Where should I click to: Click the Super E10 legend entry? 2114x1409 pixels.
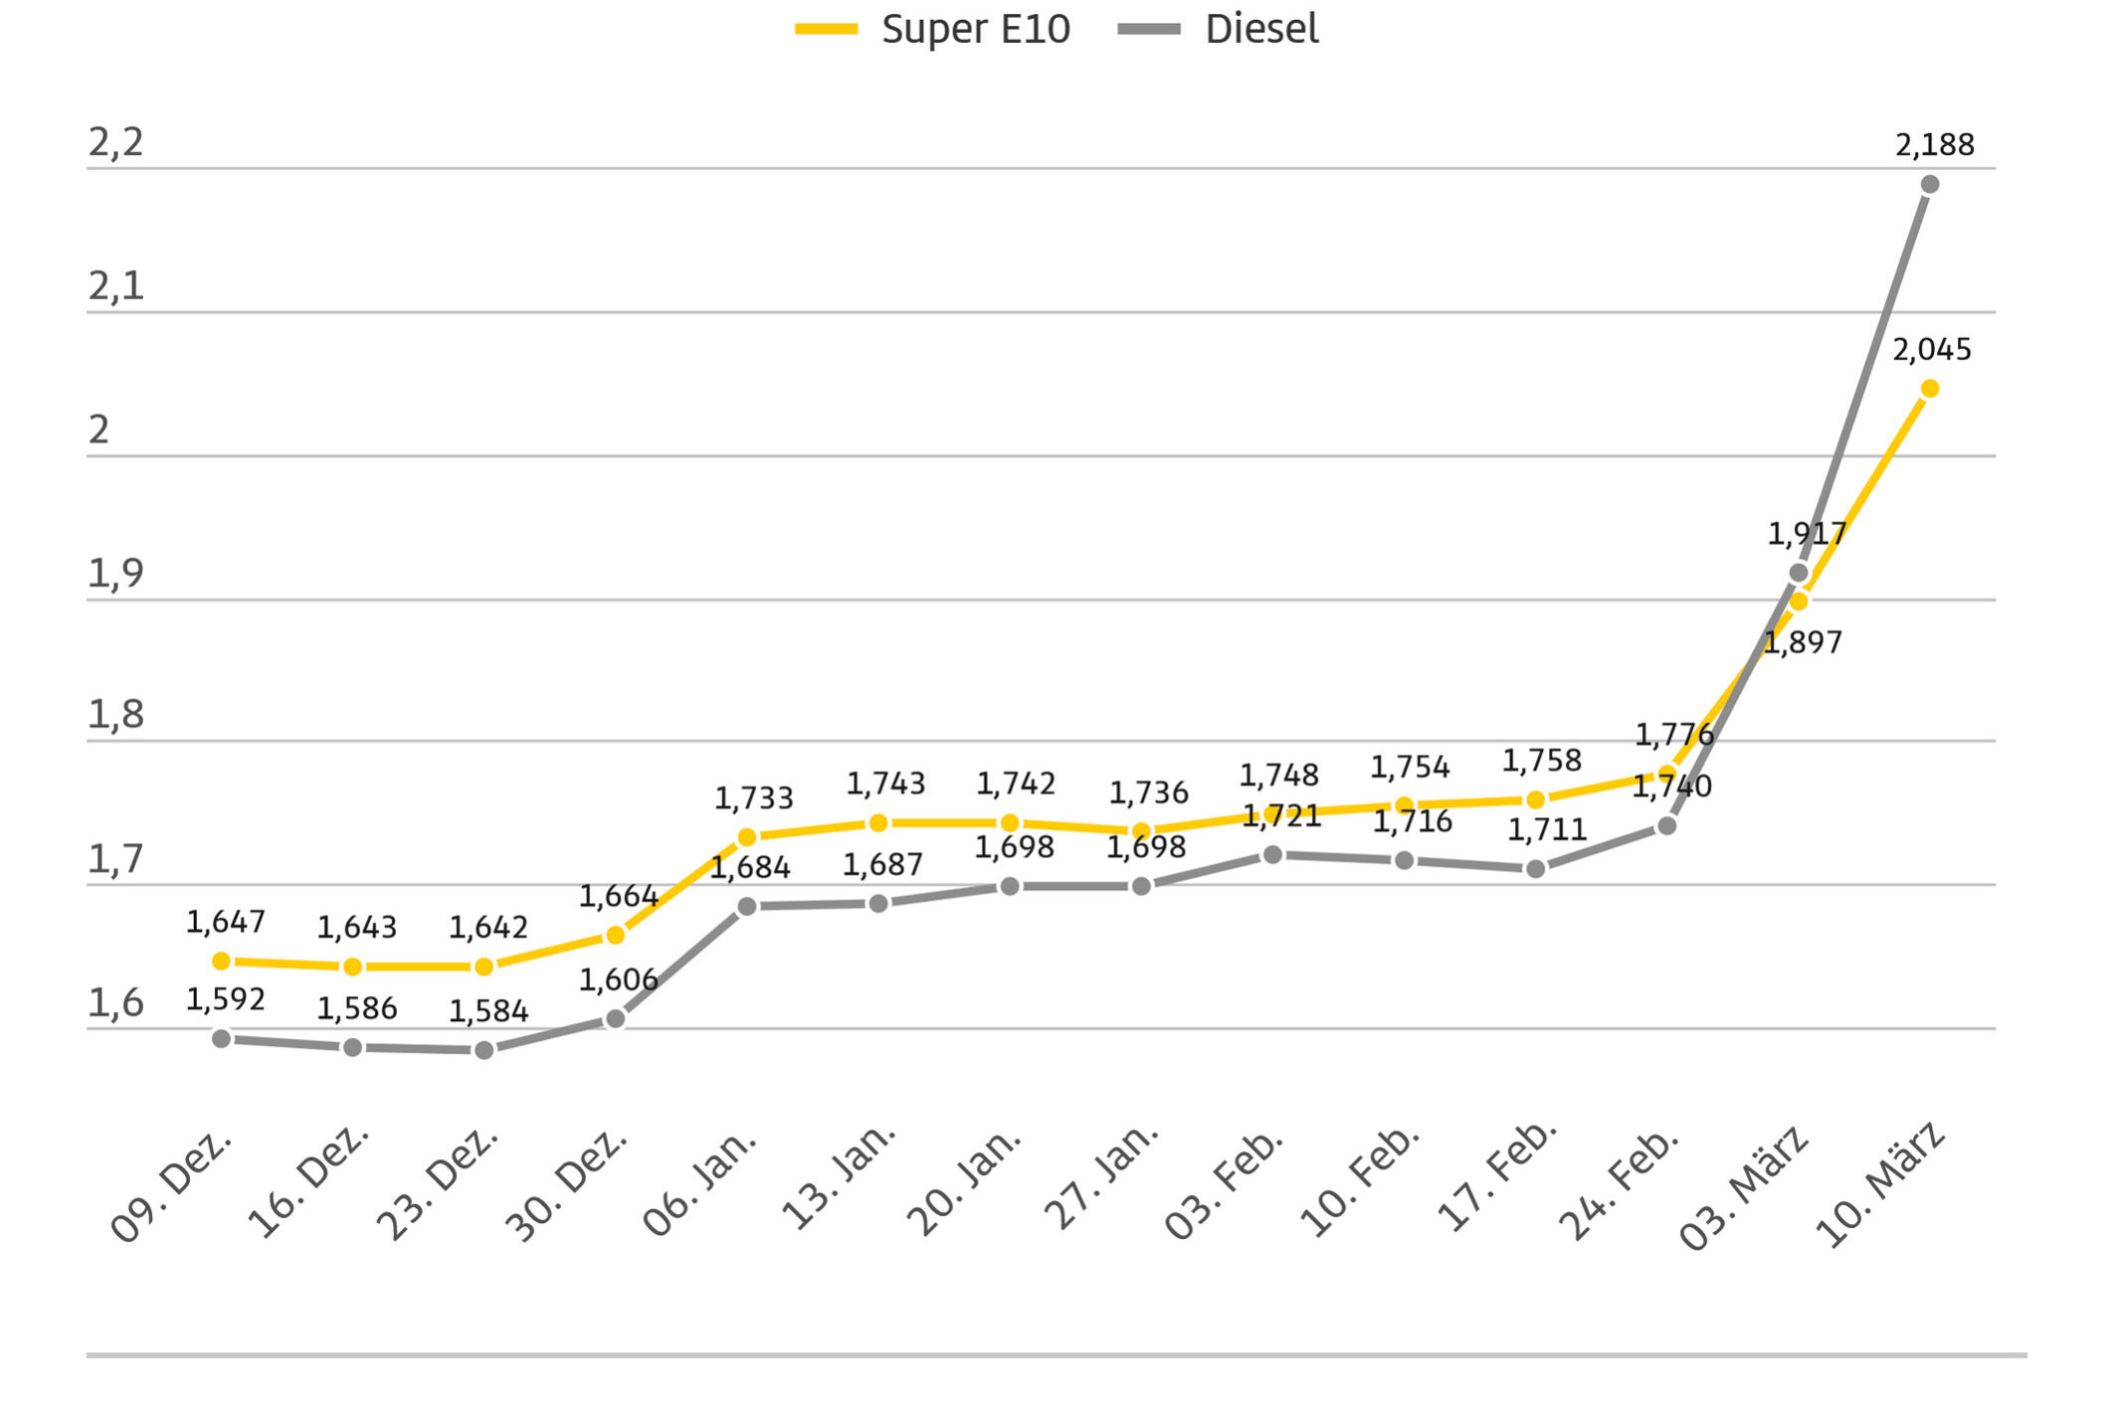pyautogui.click(x=933, y=29)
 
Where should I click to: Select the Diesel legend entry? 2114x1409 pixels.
pyautogui.click(x=1219, y=29)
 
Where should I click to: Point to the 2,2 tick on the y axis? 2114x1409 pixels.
pyautogui.click(x=115, y=143)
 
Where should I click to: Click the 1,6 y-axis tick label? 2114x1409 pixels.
pyautogui.click(x=115, y=1003)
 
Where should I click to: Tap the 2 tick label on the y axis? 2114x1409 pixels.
pyautogui.click(x=98, y=431)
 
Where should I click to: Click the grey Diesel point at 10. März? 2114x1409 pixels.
pyautogui.click(x=1930, y=185)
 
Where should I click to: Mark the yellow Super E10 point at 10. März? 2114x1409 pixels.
pyautogui.click(x=1930, y=389)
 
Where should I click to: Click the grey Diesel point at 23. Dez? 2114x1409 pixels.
pyautogui.click(x=484, y=1050)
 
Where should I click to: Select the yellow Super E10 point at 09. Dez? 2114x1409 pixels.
pyautogui.click(x=222, y=961)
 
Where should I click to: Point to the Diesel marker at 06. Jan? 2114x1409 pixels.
pyautogui.click(x=747, y=906)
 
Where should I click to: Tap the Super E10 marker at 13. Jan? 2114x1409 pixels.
pyautogui.click(x=878, y=823)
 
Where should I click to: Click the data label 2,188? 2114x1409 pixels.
pyautogui.click(x=1934, y=145)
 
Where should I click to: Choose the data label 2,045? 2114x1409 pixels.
pyautogui.click(x=1931, y=350)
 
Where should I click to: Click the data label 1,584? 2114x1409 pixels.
pyautogui.click(x=487, y=1011)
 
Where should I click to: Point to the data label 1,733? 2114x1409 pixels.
pyautogui.click(x=753, y=798)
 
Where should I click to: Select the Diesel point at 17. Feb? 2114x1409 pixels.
pyautogui.click(x=1536, y=869)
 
